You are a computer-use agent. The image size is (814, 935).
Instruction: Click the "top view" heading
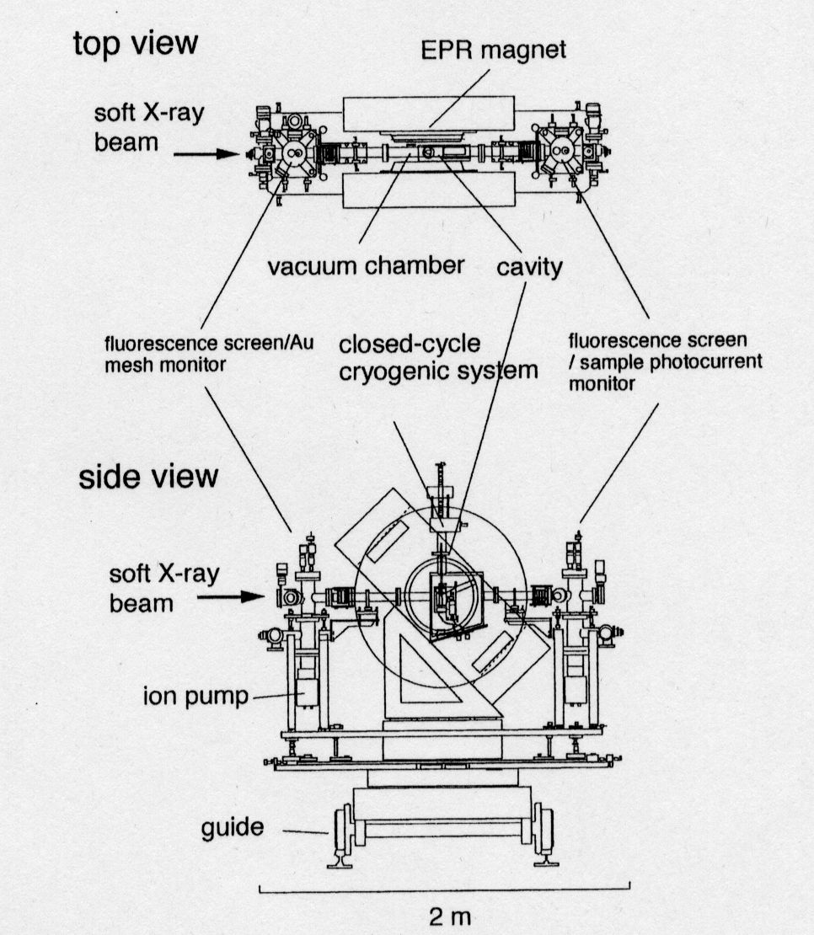[x=136, y=44]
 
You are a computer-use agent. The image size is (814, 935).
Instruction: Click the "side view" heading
[x=148, y=477]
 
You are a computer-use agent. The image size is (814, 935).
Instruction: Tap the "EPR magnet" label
[x=493, y=50]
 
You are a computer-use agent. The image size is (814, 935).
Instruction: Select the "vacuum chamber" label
[x=366, y=265]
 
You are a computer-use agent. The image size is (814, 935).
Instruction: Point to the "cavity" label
[x=529, y=267]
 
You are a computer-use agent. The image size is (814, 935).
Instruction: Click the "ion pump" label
[x=195, y=695]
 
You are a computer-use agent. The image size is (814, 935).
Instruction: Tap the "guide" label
[x=232, y=828]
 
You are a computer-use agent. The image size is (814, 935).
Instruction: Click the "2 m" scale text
[x=450, y=916]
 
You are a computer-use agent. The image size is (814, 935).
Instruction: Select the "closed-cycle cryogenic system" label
[x=438, y=357]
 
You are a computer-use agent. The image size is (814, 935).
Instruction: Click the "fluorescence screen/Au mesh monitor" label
[x=209, y=354]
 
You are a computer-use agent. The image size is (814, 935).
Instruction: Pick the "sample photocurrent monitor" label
[x=666, y=371]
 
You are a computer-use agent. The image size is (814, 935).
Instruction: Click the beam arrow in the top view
[x=206, y=154]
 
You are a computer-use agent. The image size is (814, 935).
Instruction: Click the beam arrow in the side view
[x=230, y=596]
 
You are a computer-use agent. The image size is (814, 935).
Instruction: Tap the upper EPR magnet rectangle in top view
[x=429, y=115]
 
